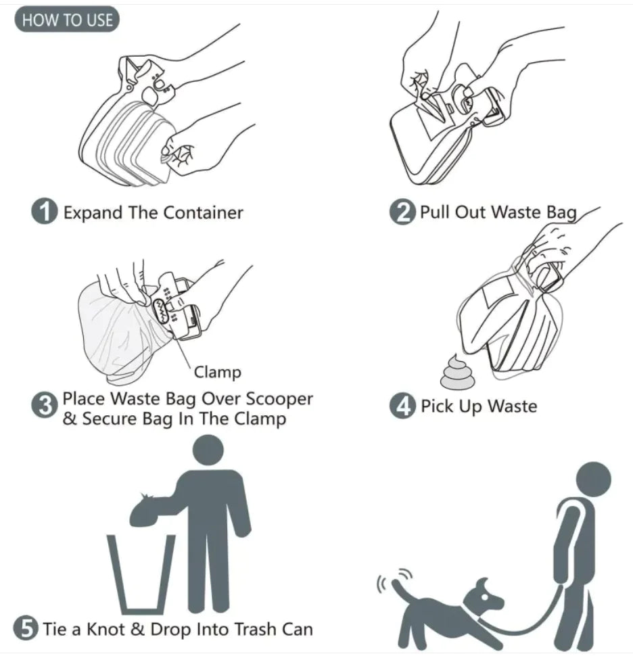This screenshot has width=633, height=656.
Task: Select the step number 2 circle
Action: (402, 212)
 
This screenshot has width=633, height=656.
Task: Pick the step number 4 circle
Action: (402, 406)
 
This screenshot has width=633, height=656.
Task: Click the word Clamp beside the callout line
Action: (217, 371)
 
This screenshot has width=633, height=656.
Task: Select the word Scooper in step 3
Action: (278, 399)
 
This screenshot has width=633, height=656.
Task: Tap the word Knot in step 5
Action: (105, 629)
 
